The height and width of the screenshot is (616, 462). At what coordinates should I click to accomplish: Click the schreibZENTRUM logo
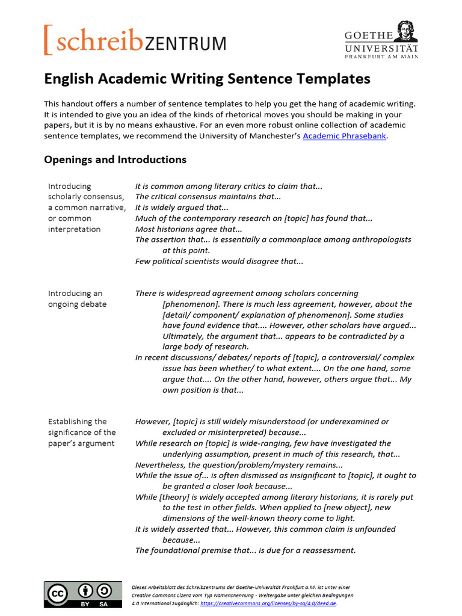(135, 41)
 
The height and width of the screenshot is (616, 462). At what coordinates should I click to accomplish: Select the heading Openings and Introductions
(115, 159)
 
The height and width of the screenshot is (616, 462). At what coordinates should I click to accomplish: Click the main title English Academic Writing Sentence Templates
(207, 79)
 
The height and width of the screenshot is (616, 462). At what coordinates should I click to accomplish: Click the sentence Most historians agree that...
(188, 229)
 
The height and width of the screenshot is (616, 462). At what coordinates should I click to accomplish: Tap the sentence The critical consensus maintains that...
(208, 197)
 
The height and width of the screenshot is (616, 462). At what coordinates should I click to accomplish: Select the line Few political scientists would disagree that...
(219, 261)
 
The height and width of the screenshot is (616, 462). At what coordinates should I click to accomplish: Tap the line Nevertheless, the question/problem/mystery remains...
(239, 465)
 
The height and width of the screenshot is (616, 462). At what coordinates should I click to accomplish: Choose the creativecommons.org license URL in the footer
(268, 603)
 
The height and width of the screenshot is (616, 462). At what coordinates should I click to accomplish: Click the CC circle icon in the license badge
(58, 593)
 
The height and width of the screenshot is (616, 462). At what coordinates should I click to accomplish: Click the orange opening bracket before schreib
(48, 41)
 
